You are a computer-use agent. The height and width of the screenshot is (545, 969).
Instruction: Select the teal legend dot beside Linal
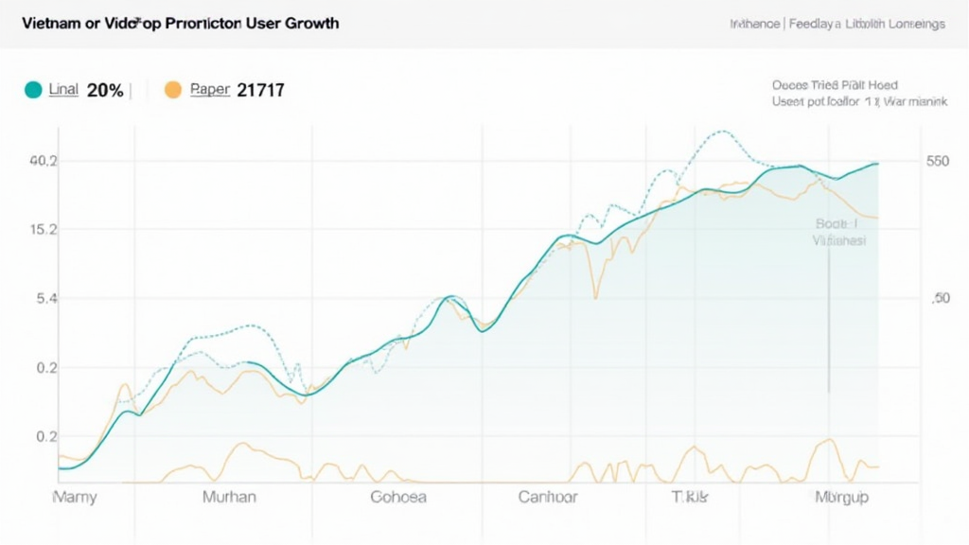pyautogui.click(x=32, y=90)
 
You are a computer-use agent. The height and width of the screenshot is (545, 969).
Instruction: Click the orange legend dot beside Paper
pyautogui.click(x=172, y=90)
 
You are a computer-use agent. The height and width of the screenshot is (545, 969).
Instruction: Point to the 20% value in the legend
pyautogui.click(x=104, y=91)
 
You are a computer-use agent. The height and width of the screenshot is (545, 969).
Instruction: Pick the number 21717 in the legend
pyautogui.click(x=260, y=91)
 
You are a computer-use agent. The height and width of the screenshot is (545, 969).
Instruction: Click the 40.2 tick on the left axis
pyautogui.click(x=44, y=161)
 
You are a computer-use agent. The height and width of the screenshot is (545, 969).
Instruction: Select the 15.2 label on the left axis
pyautogui.click(x=44, y=229)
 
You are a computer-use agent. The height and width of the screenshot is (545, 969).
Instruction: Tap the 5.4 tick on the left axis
pyautogui.click(x=46, y=298)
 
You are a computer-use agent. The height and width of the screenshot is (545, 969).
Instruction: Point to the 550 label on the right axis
pyautogui.click(x=937, y=161)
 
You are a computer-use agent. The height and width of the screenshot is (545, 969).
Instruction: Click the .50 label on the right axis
pyautogui.click(x=939, y=298)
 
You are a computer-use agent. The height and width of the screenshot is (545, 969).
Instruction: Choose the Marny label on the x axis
pyautogui.click(x=74, y=497)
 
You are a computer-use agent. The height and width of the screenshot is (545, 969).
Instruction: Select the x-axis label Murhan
pyautogui.click(x=229, y=497)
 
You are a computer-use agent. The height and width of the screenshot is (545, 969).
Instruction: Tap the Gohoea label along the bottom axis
pyautogui.click(x=397, y=497)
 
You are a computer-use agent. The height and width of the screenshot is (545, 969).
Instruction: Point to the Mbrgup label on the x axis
pyautogui.click(x=841, y=497)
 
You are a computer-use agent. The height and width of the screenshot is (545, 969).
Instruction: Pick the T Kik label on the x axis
pyautogui.click(x=690, y=497)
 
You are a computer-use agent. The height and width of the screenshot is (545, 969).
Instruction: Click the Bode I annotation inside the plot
pyautogui.click(x=836, y=224)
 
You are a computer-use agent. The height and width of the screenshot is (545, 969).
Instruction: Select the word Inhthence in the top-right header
pyautogui.click(x=754, y=25)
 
